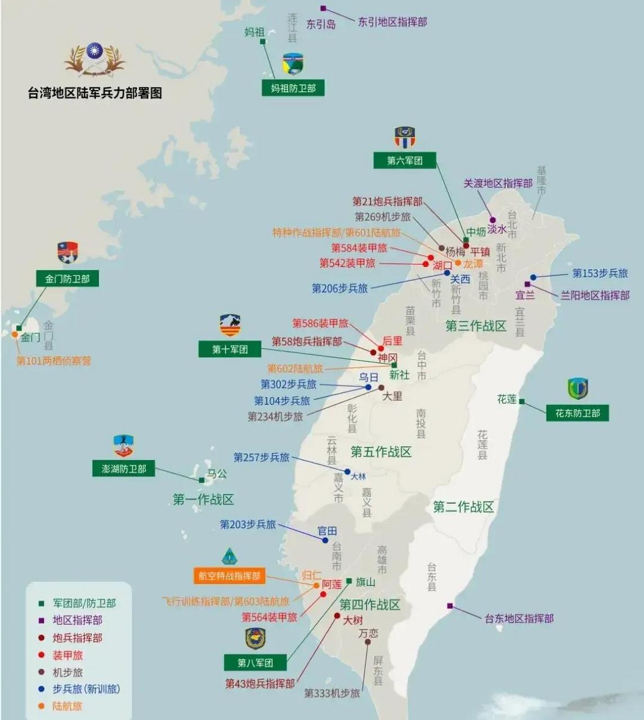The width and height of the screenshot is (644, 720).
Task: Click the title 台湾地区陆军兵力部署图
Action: (x=95, y=93)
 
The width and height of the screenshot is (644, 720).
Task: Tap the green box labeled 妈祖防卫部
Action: (x=293, y=88)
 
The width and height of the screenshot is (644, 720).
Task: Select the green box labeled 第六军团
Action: (x=405, y=160)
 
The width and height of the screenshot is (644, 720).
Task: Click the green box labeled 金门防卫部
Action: (x=67, y=278)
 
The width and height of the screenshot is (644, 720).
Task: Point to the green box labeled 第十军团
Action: (x=230, y=349)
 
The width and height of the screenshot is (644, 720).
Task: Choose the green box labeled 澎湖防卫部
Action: (x=124, y=469)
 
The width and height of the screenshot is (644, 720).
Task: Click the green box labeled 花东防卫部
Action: (x=578, y=413)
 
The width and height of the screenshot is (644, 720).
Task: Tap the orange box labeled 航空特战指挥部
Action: (x=229, y=576)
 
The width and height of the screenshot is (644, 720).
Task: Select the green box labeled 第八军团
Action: (x=255, y=663)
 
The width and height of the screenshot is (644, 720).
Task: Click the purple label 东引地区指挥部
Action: (x=392, y=22)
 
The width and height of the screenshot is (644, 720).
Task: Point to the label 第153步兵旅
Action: (x=600, y=273)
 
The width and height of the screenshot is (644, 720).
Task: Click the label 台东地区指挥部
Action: (x=519, y=618)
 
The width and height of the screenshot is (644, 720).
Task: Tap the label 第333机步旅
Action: (x=332, y=693)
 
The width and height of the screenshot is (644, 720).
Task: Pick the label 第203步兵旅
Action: (x=248, y=524)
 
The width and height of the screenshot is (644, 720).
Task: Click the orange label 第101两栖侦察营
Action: (x=53, y=361)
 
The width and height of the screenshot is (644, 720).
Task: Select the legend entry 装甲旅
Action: (x=68, y=655)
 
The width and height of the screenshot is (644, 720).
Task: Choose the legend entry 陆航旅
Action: (x=68, y=706)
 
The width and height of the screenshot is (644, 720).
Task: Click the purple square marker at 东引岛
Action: (x=323, y=8)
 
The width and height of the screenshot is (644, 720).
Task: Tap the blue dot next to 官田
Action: (x=325, y=540)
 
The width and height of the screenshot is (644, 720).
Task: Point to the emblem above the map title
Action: (x=95, y=58)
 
